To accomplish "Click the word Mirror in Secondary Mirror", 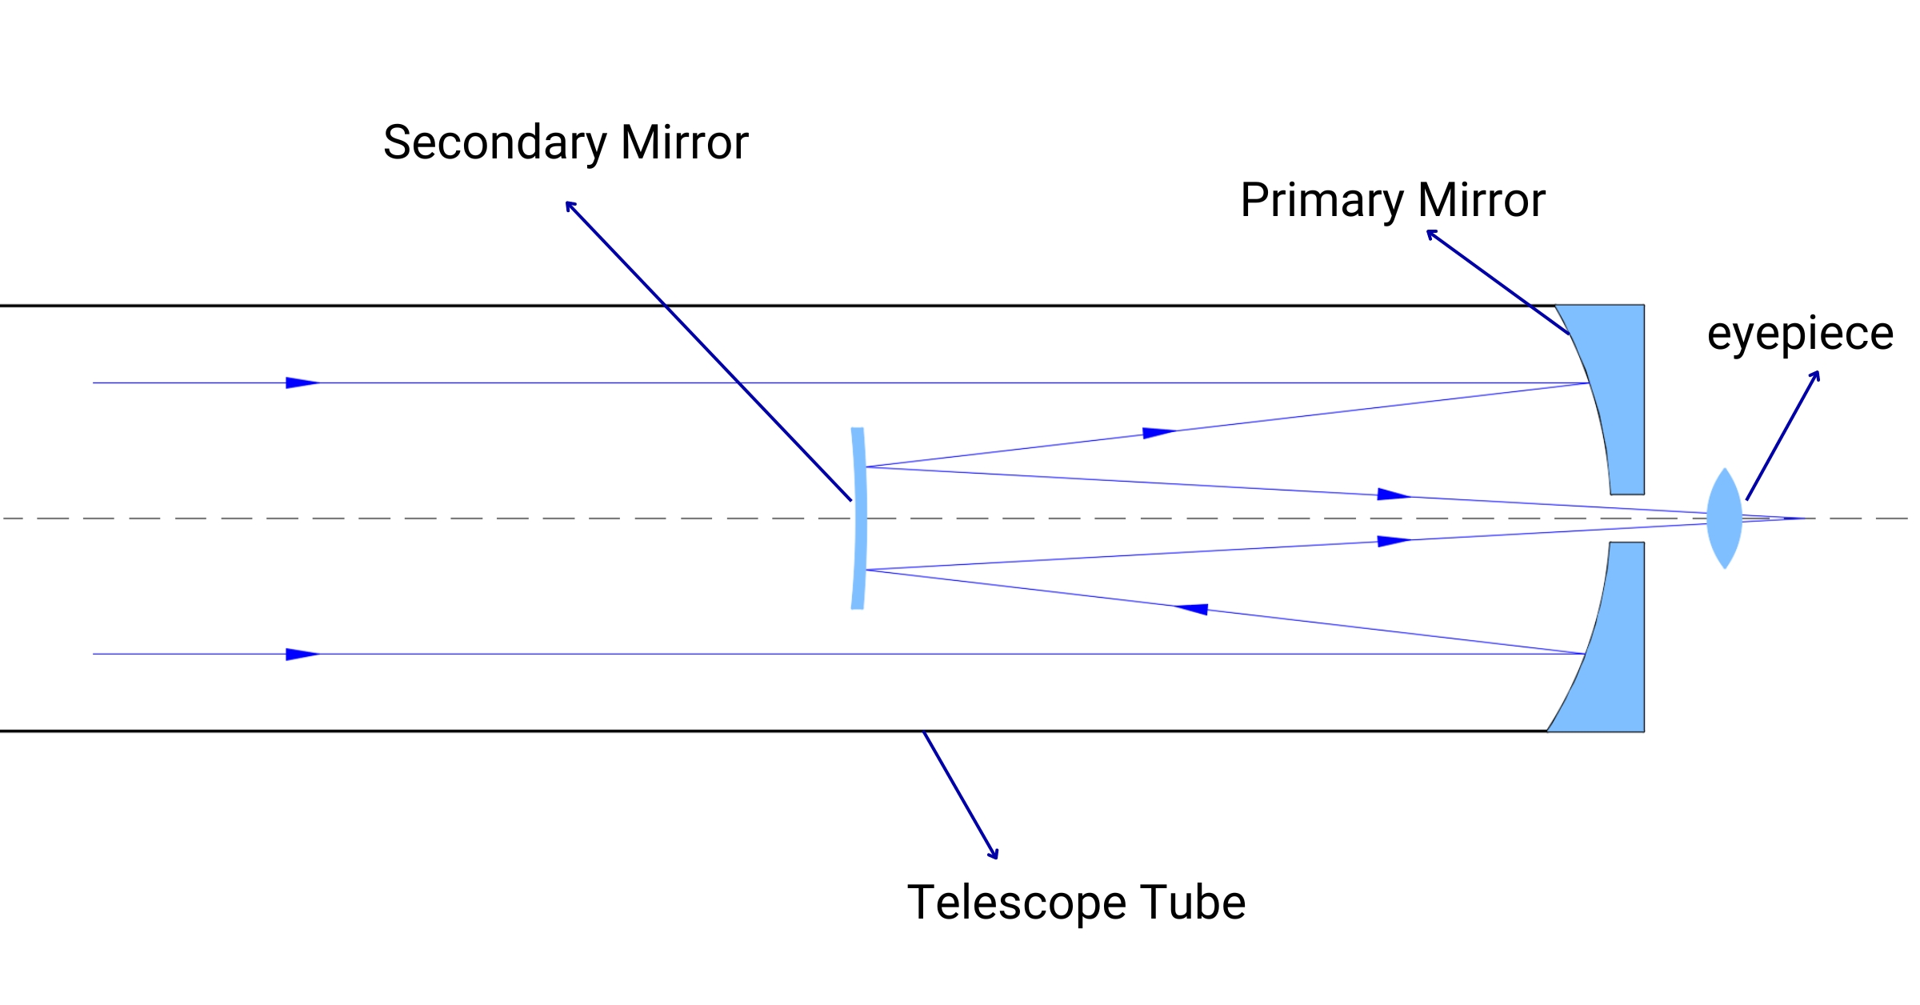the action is (x=685, y=142).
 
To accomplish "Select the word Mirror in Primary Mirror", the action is (x=1482, y=200).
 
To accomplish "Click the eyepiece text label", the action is (x=1800, y=334).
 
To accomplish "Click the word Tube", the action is (x=1193, y=903).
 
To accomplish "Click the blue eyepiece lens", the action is (x=1724, y=519).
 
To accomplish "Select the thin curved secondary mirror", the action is (x=859, y=519).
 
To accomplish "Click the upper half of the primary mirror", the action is (x=1616, y=400).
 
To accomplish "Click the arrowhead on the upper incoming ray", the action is (x=302, y=383).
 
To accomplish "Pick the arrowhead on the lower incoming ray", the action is (x=302, y=655).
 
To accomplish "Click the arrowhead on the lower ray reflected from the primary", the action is (x=1191, y=609).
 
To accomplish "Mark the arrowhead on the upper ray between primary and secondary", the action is (x=1159, y=433).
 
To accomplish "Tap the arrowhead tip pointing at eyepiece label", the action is (x=1818, y=371).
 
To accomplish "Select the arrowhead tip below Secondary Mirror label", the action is (x=566, y=202).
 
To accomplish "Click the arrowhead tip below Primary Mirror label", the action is (x=1427, y=231).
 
